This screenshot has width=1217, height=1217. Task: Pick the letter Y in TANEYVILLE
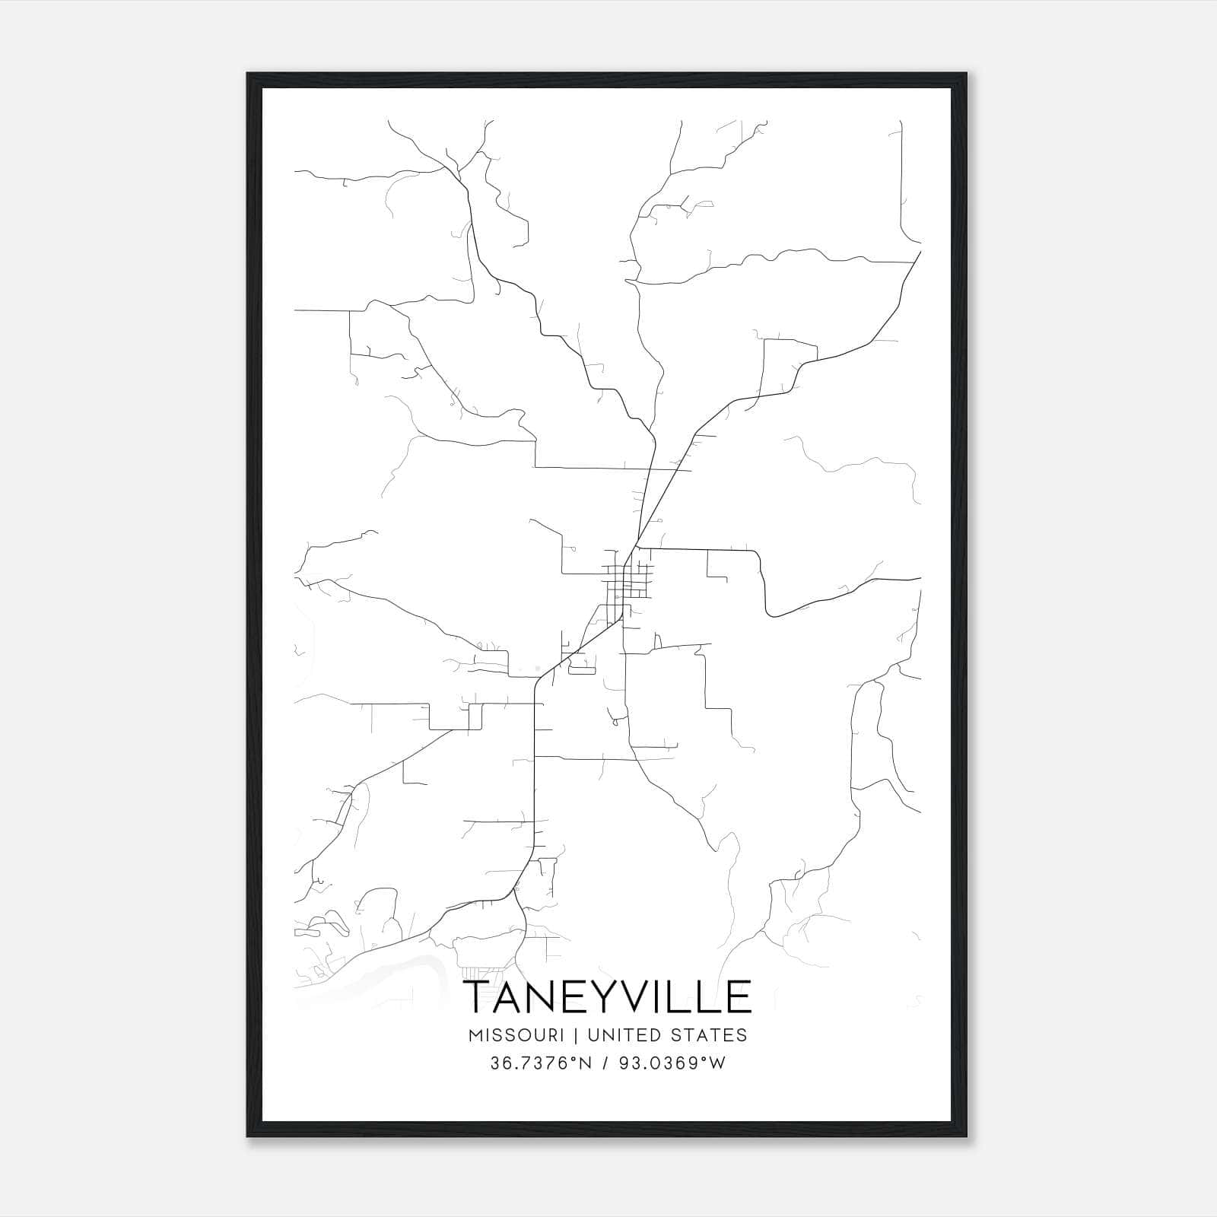(602, 996)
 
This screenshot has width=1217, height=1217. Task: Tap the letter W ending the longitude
(717, 1063)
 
